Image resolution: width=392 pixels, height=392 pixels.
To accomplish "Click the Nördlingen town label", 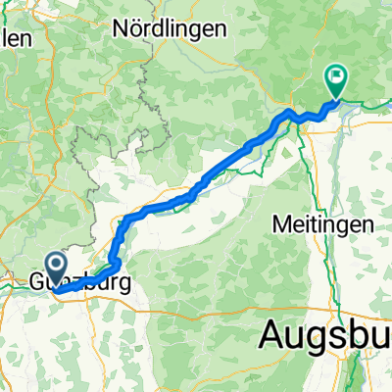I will (170, 28).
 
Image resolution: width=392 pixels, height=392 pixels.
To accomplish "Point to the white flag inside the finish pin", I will (336, 73).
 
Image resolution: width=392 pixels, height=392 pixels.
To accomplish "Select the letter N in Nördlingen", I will (120, 28).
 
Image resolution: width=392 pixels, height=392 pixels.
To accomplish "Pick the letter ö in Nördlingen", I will (136, 28).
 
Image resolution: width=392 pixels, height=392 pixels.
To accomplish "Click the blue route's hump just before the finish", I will (290, 115).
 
